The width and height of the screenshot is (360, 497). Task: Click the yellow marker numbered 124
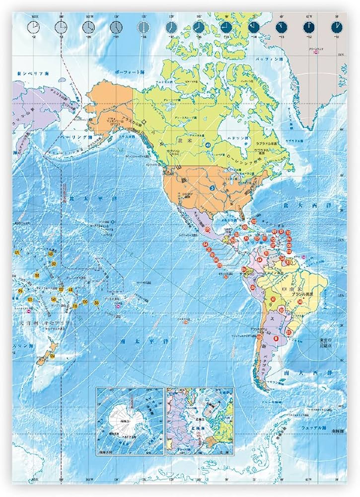click(x=52, y=356)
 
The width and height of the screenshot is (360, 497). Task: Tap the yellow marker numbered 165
click(x=51, y=254)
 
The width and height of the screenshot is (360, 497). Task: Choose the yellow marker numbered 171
click(x=17, y=253)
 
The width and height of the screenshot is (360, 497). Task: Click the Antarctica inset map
click(x=130, y=420)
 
